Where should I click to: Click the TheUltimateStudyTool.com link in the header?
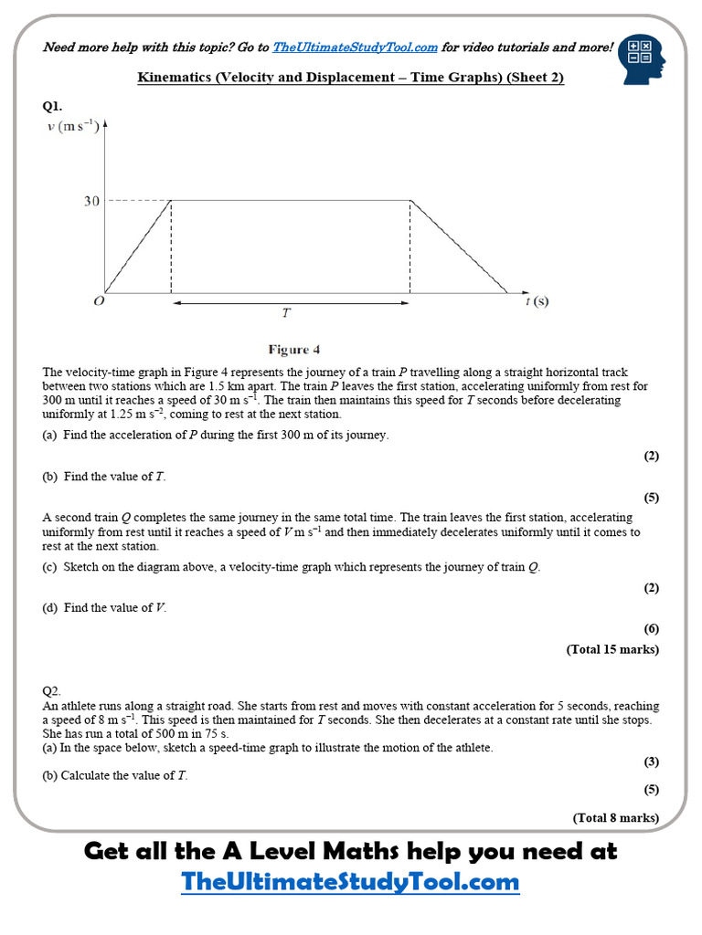(x=355, y=47)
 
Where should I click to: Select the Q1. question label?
(x=53, y=106)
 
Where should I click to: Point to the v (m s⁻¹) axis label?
(x=73, y=126)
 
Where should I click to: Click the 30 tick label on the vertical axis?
(x=91, y=201)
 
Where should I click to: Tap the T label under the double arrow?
(x=286, y=313)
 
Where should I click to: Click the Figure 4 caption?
(x=293, y=350)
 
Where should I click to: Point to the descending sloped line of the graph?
(x=457, y=247)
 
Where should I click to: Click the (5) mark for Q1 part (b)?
(x=651, y=498)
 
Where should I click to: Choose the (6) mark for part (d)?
(x=651, y=628)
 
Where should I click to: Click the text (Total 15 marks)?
(x=612, y=649)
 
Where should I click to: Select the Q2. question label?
(x=53, y=691)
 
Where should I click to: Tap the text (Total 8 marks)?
(x=615, y=817)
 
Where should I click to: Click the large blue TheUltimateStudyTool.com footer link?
(x=350, y=882)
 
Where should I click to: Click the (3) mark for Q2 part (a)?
(x=651, y=762)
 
